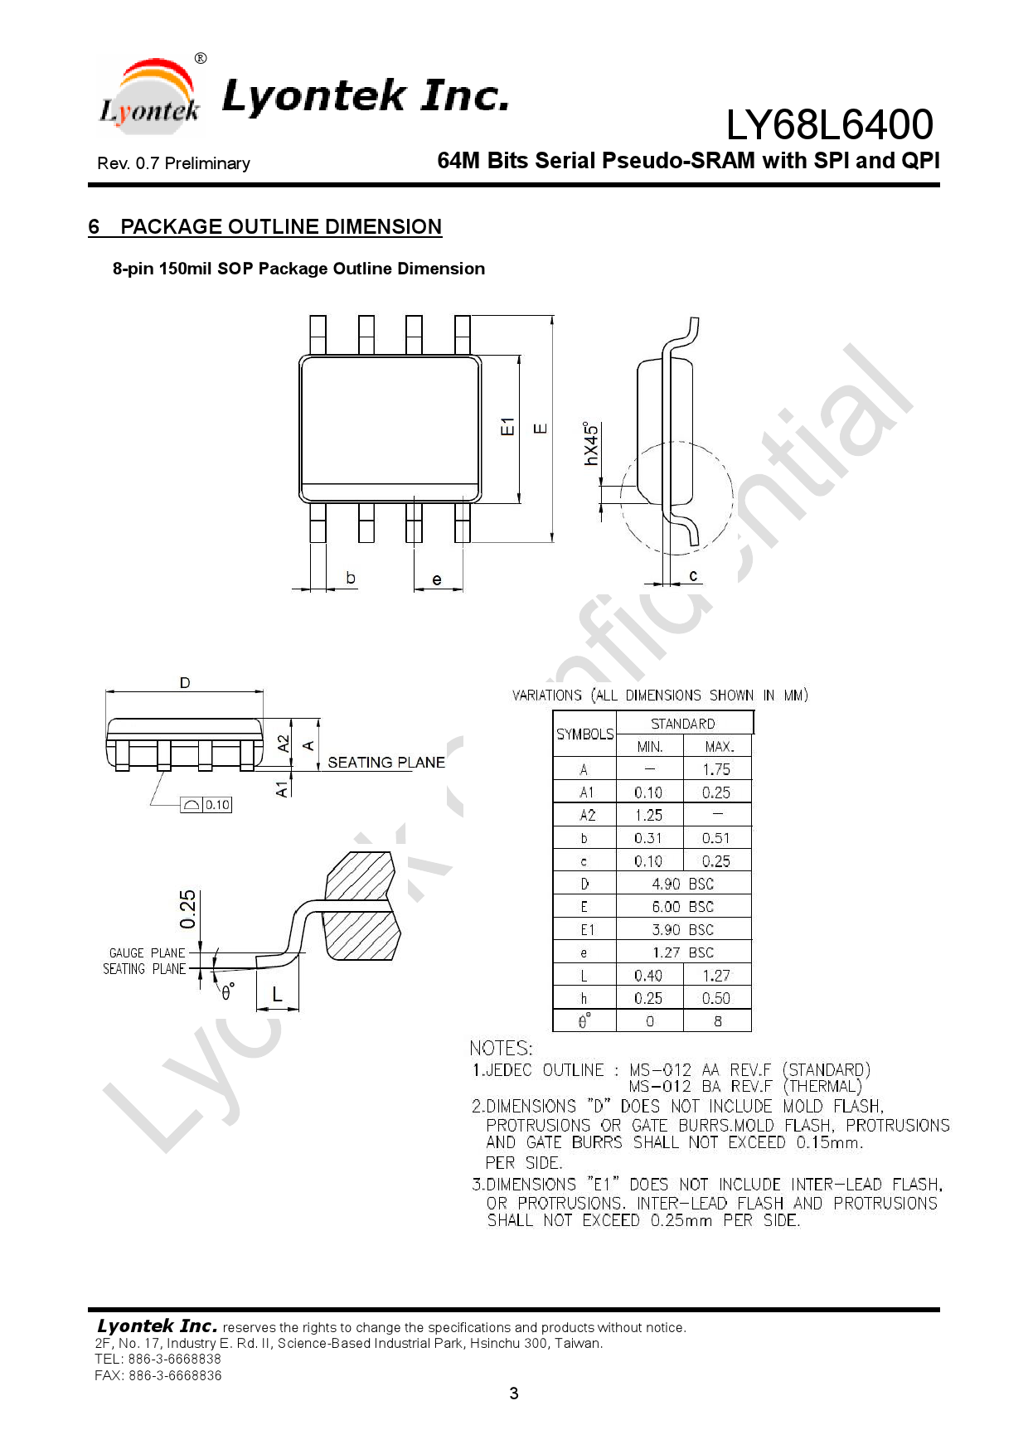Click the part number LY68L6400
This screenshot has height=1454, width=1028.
829,125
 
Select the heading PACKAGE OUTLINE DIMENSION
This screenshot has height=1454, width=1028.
280,227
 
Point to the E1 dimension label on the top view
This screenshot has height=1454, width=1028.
507,427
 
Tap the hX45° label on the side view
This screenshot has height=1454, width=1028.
591,444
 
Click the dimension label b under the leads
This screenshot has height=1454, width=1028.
351,578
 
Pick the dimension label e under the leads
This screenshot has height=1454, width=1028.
437,579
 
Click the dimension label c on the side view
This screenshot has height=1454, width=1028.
693,575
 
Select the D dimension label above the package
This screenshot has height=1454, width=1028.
185,683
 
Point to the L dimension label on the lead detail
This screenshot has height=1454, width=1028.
277,995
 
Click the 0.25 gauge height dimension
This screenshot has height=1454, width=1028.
188,909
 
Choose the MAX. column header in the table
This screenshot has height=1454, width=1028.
719,747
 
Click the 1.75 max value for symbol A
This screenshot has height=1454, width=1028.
716,770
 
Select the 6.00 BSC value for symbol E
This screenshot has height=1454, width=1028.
682,907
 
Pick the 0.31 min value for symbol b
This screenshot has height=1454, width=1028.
648,838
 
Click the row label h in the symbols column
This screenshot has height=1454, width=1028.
584,999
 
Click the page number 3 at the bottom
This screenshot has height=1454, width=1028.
514,1393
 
